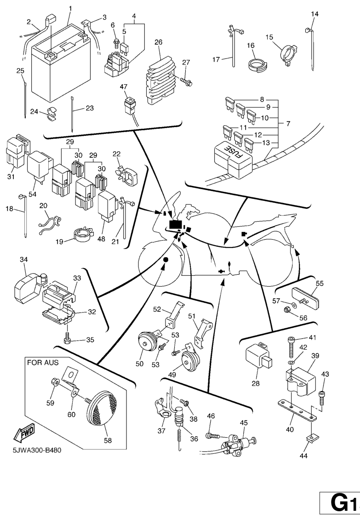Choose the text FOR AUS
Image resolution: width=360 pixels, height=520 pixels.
point(43,362)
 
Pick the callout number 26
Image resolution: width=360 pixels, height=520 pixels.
point(159,42)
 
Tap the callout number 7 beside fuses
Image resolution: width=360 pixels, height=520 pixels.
point(288,124)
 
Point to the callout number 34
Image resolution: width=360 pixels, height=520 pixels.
point(23,260)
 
